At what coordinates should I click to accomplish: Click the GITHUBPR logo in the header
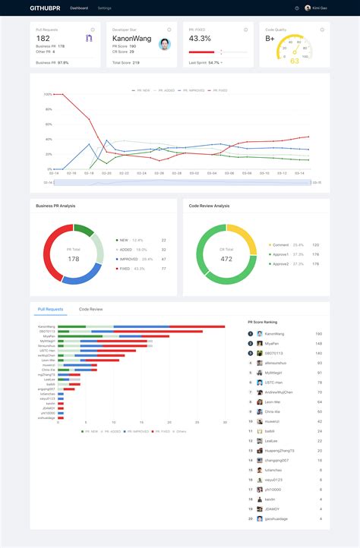coord(46,8)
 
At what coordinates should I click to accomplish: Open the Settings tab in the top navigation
coord(104,8)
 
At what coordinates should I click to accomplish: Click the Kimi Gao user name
coord(321,8)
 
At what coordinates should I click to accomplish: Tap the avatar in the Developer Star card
coord(165,44)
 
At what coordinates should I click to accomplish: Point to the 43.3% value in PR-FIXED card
coord(200,38)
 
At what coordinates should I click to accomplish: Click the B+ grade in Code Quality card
coord(270,38)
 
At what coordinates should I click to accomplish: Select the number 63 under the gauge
coord(295,61)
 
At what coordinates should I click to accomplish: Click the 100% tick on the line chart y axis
coord(48,94)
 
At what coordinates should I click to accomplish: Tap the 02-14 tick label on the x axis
coord(54,173)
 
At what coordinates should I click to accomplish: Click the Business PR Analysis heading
coord(55,206)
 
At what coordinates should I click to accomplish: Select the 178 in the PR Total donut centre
coord(73,259)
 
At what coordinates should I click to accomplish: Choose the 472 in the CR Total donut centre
coord(226,259)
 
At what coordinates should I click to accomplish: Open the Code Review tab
coord(91,310)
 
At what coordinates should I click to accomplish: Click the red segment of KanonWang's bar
coord(197,326)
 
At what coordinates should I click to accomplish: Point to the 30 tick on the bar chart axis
coord(225,423)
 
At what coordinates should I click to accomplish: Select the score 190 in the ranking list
coord(318,333)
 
